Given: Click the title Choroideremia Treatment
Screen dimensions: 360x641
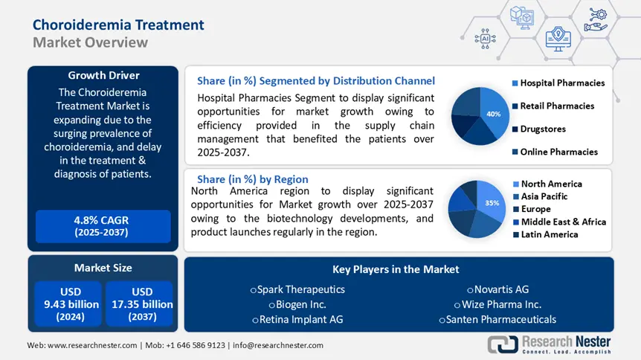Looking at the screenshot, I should click(118, 25).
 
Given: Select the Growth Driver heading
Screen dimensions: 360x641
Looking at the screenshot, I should click(103, 75).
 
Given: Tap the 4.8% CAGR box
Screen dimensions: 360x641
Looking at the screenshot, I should click(103, 225).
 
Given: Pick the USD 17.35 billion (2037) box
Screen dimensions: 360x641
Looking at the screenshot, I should click(139, 303).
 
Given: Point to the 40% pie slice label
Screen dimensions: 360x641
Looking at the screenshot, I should click(493, 114).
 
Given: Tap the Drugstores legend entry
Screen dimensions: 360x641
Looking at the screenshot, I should click(542, 129).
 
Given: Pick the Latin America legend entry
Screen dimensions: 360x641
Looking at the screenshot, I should click(549, 234).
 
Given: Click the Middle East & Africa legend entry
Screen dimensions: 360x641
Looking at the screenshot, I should click(563, 222).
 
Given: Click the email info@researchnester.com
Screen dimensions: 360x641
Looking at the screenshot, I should click(278, 345).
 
